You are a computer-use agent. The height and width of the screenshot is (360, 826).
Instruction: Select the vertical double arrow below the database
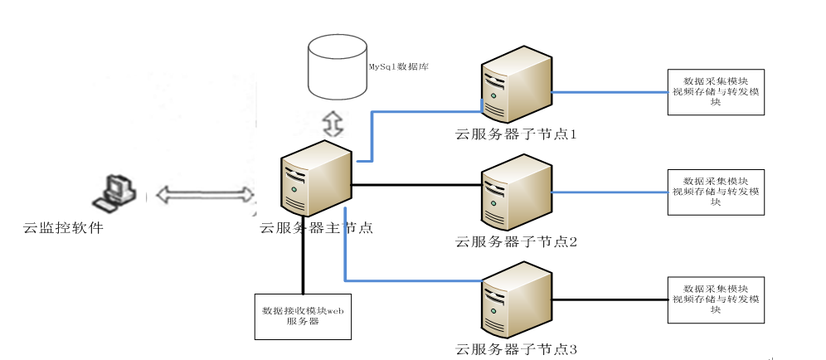point(332,123)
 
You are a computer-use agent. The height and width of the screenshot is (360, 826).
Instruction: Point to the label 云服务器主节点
point(316,227)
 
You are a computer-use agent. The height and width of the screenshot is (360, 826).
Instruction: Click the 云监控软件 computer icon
point(114,194)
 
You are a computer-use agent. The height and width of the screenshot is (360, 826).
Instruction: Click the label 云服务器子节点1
point(516,134)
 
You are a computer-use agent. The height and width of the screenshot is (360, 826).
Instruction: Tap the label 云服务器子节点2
point(516,242)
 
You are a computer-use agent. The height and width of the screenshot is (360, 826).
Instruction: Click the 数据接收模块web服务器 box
point(303,316)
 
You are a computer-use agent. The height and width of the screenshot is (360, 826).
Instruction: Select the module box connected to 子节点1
point(716,90)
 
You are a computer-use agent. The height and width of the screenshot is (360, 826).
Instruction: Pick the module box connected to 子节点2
point(716,192)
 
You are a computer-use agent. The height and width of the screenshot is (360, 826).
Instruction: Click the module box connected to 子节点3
point(716,299)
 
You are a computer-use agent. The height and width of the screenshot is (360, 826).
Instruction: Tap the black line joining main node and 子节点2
point(415,183)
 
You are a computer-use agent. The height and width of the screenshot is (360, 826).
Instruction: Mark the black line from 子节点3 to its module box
point(610,299)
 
